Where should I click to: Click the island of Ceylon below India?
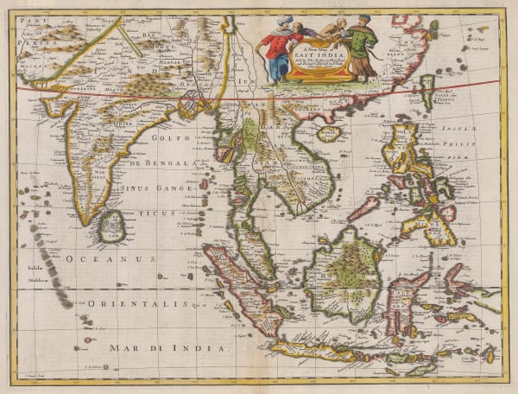111,227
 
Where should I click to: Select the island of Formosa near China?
427,92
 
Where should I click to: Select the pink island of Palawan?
363,208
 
